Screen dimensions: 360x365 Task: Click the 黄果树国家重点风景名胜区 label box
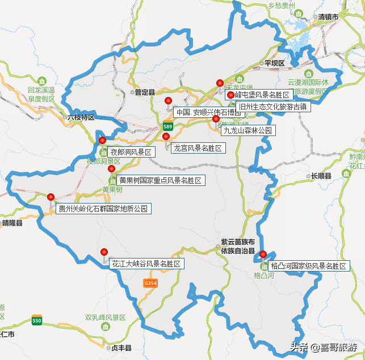click(x=160, y=180)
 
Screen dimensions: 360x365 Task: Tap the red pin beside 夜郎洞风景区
click(x=103, y=140)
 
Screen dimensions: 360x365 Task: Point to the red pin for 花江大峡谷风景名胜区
click(x=104, y=252)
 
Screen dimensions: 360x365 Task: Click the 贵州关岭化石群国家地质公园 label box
click(x=103, y=209)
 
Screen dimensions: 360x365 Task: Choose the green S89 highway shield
click(x=167, y=126)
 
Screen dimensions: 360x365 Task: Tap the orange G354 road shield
click(x=150, y=283)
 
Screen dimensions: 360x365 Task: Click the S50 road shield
click(x=37, y=321)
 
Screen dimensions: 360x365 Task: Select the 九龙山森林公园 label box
click(x=247, y=130)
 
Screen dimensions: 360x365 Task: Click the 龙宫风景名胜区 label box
click(x=198, y=148)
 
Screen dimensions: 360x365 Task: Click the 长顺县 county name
click(x=321, y=176)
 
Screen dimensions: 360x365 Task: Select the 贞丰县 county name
click(x=121, y=348)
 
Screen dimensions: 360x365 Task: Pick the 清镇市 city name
click(x=328, y=18)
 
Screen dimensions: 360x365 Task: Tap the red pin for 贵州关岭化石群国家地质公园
click(x=51, y=197)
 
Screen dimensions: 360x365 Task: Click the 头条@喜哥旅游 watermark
click(x=324, y=347)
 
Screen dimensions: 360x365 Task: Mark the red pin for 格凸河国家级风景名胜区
click(x=263, y=254)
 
